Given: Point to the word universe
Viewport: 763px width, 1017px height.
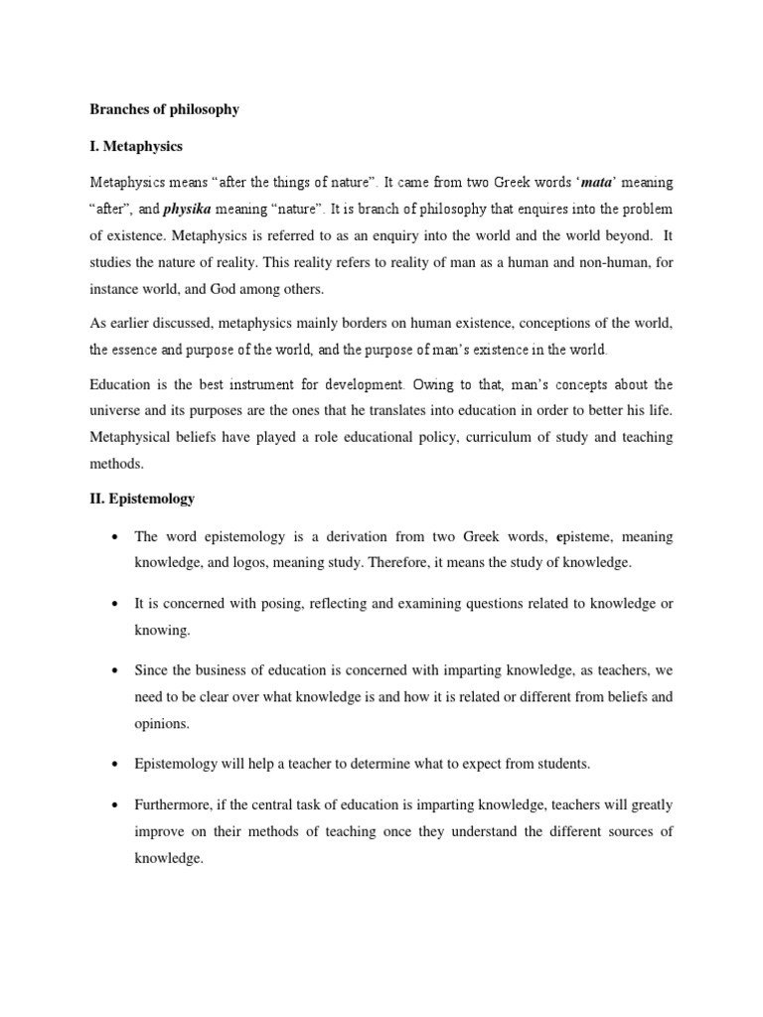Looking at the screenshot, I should (118, 411).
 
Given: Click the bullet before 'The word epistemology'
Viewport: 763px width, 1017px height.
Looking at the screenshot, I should (118, 537).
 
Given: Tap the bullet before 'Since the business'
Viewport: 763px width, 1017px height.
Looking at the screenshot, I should (118, 670).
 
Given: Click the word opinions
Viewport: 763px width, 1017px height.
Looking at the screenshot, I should (161, 724).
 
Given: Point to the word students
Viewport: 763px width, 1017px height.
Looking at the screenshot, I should (541, 764).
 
